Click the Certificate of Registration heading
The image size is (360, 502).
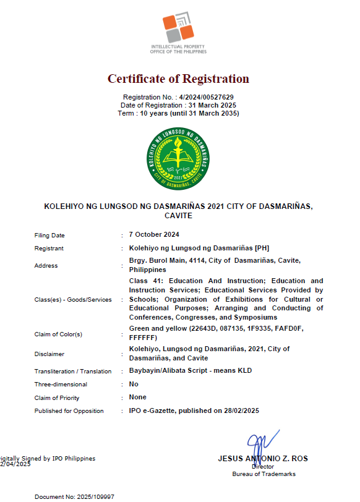tap(178, 79)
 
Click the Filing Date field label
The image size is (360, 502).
tap(49, 236)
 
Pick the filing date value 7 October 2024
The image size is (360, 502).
tap(154, 235)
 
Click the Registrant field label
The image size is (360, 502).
tap(49, 249)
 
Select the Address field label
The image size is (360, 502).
tap(46, 266)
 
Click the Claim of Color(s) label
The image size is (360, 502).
tap(58, 334)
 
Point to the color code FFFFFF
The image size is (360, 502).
tap(143, 338)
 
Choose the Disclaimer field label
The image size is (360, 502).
tap(49, 354)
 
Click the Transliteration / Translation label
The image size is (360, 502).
tap(73, 372)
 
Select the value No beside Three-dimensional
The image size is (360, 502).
tap(134, 384)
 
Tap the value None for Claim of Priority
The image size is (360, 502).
tap(138, 398)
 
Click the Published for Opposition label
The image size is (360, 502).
tap(69, 411)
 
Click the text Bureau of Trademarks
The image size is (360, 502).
tap(264, 474)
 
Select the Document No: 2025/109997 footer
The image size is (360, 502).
tap(74, 496)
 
